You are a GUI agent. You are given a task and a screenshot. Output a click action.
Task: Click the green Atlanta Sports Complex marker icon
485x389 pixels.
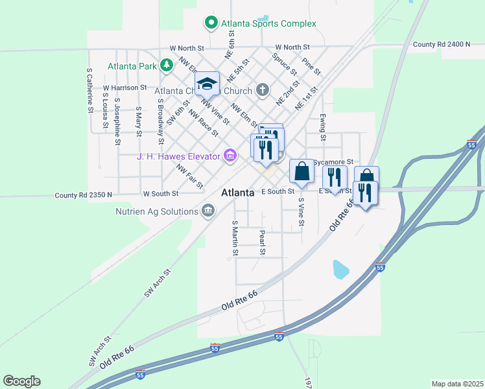pyautogui.click(x=211, y=23)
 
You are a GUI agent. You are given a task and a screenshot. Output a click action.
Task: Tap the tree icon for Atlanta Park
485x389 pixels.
pyautogui.click(x=167, y=65)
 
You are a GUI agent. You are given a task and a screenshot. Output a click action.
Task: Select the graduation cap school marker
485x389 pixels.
pyautogui.click(x=207, y=84)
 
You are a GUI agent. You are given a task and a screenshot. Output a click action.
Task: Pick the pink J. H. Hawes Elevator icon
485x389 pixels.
pyautogui.click(x=230, y=156)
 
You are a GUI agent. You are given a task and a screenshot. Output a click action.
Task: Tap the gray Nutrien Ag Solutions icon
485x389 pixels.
pyautogui.click(x=207, y=210)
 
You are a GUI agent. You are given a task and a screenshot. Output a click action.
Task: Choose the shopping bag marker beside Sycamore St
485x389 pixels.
pyautogui.click(x=302, y=172)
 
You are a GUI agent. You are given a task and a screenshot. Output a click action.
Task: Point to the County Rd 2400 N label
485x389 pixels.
pyautogui.click(x=441, y=44)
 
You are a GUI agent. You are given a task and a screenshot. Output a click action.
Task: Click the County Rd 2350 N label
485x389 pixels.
pyautogui.click(x=84, y=194)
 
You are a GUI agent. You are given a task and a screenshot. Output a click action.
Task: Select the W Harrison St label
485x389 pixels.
pyautogui.click(x=125, y=87)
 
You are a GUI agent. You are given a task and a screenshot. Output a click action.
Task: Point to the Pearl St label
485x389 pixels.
pyautogui.click(x=262, y=241)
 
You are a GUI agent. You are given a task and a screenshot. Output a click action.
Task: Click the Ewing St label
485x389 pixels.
pyautogui.click(x=322, y=126)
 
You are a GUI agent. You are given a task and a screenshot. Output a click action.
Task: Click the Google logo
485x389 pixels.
pyautogui.click(x=21, y=381)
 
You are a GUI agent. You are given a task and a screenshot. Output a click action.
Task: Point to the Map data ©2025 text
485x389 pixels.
pyautogui.click(x=457, y=384)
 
